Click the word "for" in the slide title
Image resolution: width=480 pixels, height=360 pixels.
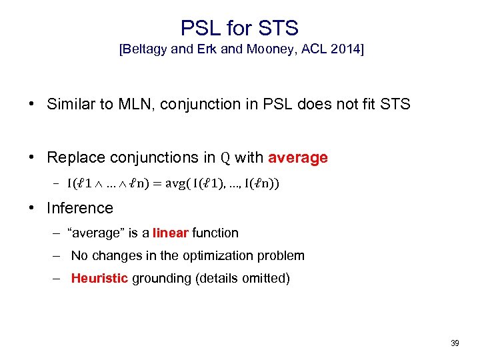coord(239,27)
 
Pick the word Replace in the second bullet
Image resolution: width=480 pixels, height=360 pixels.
coord(74,157)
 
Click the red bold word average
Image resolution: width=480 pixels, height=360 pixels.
coord(297,157)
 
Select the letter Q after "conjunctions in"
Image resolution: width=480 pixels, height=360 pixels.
coord(225,158)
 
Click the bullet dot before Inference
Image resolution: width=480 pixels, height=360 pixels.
coord(31,208)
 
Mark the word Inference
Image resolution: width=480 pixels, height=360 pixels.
coord(80,208)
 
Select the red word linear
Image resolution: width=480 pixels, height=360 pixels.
coord(171,233)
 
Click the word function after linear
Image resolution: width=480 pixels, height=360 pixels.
coord(215,233)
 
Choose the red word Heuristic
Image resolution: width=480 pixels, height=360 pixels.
coord(99,278)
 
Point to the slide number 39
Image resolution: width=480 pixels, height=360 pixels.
coord(455,343)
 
